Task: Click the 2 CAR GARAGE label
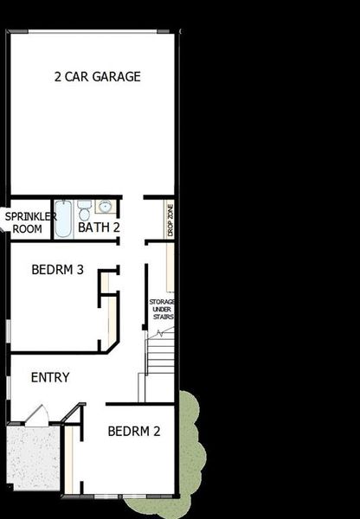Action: coord(98,77)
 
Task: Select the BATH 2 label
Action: coord(98,227)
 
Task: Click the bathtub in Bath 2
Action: coord(64,219)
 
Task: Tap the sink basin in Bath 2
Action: coord(106,207)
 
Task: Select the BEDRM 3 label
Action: coord(57,270)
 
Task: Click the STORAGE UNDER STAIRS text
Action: coord(163,309)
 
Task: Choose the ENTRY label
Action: coord(50,378)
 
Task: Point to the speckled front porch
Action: coord(33,458)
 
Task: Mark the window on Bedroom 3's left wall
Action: coord(8,329)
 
